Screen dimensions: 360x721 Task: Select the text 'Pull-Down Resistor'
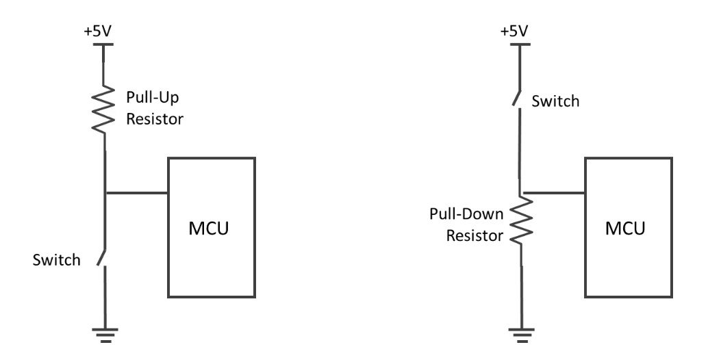(x=466, y=224)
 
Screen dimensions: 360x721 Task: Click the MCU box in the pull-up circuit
(x=212, y=227)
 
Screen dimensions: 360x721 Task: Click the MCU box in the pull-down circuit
(x=628, y=227)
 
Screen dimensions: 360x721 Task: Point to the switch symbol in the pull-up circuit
(x=102, y=257)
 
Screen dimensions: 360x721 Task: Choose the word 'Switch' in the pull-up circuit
(x=57, y=260)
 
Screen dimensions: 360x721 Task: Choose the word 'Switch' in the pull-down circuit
(x=555, y=101)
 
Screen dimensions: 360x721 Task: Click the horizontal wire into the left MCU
(x=137, y=193)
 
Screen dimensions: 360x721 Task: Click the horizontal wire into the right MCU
(x=553, y=193)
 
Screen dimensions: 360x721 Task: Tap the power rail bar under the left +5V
(x=104, y=45)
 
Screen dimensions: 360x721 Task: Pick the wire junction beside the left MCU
(x=105, y=193)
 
